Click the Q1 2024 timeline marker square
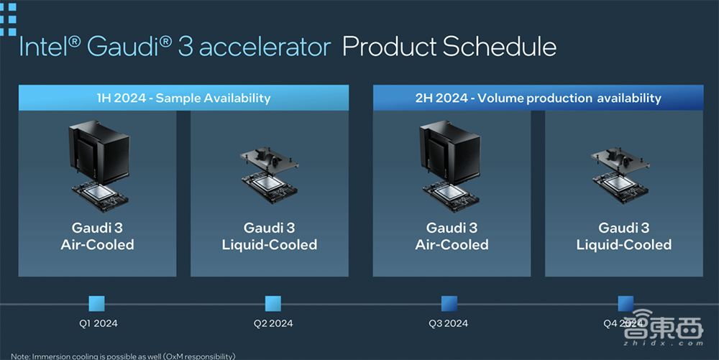pyautogui.click(x=96, y=304)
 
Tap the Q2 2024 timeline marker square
pyautogui.click(x=273, y=304)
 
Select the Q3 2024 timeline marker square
pyautogui.click(x=449, y=304)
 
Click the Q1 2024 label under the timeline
pyautogui.click(x=98, y=323)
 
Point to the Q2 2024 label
pyautogui.click(x=273, y=323)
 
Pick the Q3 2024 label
pyautogui.click(x=449, y=323)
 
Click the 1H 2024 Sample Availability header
pyautogui.click(x=183, y=98)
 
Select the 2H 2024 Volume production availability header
pyautogui.click(x=538, y=98)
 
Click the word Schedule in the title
pyautogui.click(x=500, y=47)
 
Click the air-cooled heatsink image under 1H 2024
pyautogui.click(x=99, y=151)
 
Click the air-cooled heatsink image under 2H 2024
pyautogui.click(x=450, y=151)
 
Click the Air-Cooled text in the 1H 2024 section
pyautogui.click(x=97, y=244)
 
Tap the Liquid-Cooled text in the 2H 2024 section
pyautogui.click(x=624, y=244)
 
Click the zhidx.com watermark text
pyautogui.click(x=663, y=343)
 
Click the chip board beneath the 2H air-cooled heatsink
pyautogui.click(x=451, y=196)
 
